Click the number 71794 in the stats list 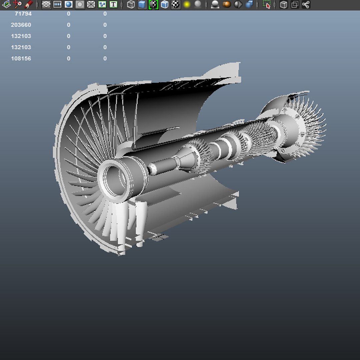click(23, 14)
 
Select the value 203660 click(21, 25)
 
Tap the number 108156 click(21, 59)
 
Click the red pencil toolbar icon click(29, 4)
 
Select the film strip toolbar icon click(57, 4)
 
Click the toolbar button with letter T click(113, 4)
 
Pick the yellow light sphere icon click(187, 4)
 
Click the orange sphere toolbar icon click(227, 4)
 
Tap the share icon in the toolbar click(306, 4)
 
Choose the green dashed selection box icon click(266, 4)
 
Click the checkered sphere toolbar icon click(176, 4)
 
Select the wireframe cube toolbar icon click(131, 4)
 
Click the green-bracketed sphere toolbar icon click(153, 4)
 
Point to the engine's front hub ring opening click(113, 180)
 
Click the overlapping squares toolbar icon click(295, 4)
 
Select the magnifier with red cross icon click(17, 4)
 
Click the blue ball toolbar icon click(69, 4)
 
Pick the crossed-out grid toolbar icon click(91, 4)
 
